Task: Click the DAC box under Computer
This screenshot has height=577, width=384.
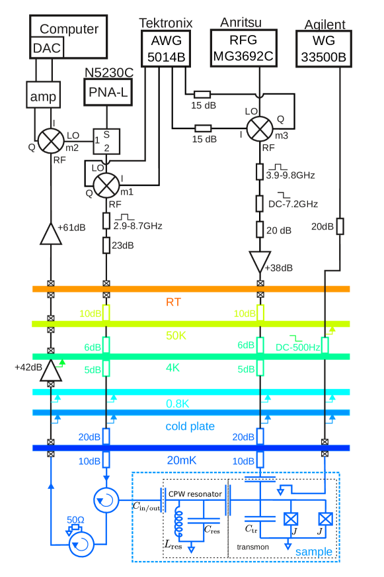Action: click(47, 48)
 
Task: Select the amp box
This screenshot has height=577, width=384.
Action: click(44, 97)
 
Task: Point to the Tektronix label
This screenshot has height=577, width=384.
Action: click(165, 23)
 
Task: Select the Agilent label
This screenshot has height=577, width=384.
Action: click(325, 25)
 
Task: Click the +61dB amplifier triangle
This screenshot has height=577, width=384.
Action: click(51, 234)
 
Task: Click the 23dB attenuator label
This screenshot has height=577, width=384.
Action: click(123, 245)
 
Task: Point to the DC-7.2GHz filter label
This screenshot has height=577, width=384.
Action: click(293, 204)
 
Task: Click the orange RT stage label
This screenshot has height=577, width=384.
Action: click(173, 302)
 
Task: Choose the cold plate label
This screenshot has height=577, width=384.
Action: click(190, 426)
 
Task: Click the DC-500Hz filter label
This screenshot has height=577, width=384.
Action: click(298, 347)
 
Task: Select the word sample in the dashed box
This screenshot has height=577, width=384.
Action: click(313, 552)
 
